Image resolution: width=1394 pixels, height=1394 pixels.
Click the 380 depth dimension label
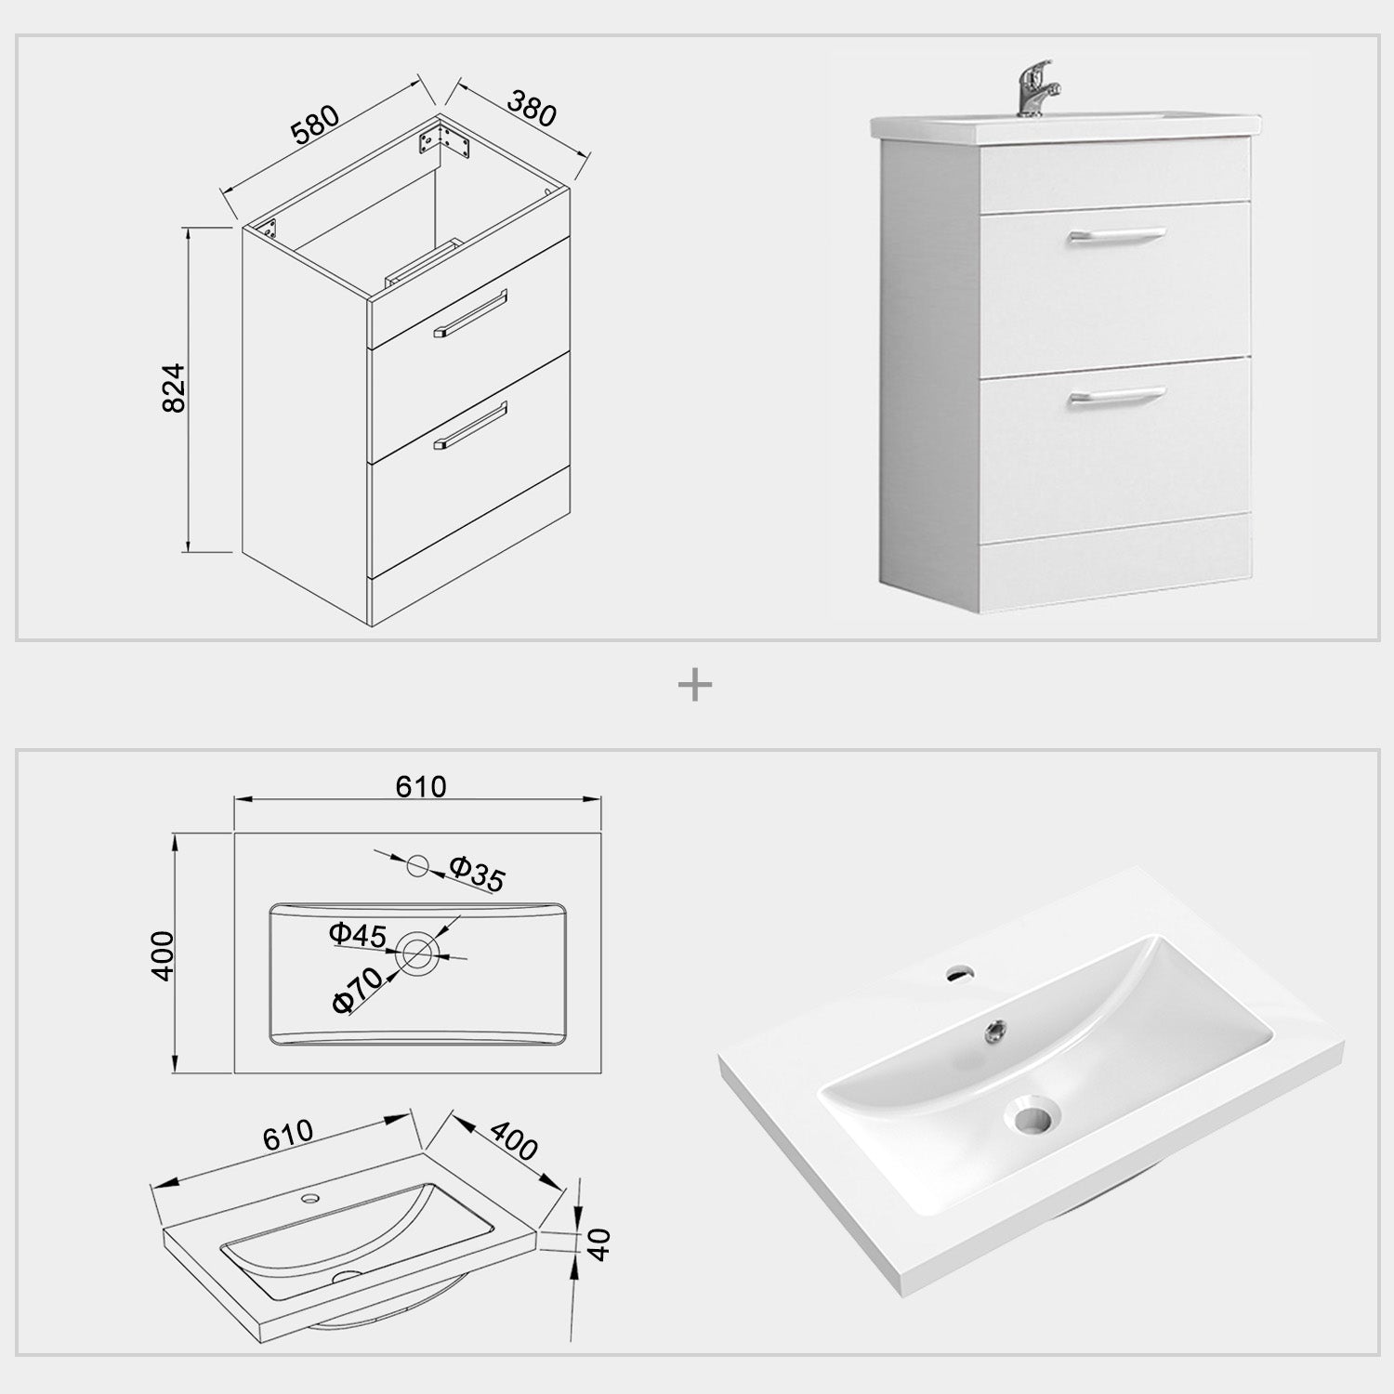[532, 109]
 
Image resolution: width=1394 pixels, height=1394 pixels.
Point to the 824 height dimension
[175, 388]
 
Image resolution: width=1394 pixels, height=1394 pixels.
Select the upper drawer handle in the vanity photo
[1115, 237]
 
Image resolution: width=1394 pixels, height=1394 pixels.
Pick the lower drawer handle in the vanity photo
[1115, 397]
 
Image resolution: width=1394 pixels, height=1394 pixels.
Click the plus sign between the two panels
[695, 687]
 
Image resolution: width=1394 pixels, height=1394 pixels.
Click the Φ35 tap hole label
[477, 874]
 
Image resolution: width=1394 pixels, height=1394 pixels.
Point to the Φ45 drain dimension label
[357, 935]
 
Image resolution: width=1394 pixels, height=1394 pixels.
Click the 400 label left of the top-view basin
[163, 954]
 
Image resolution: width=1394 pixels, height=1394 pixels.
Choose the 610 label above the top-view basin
[421, 787]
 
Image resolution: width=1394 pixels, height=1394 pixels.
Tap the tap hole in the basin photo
[956, 974]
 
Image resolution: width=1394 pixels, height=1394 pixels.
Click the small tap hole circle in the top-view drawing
[417, 865]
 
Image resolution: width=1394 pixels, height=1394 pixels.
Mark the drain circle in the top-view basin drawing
[416, 953]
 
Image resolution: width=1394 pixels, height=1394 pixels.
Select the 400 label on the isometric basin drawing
[513, 1140]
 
